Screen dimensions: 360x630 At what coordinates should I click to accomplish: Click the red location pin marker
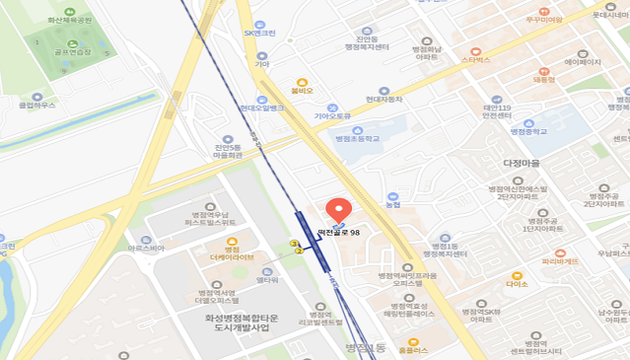click(x=338, y=211)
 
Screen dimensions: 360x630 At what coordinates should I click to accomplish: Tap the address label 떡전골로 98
click(x=338, y=232)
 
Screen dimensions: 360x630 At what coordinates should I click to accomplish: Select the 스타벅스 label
click(x=475, y=59)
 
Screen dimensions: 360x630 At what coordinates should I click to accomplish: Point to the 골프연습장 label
click(x=72, y=52)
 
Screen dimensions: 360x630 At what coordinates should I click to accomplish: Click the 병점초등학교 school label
click(x=357, y=139)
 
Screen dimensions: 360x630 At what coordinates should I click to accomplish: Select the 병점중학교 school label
click(x=528, y=130)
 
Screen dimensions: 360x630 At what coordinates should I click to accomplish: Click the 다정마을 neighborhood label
click(x=522, y=163)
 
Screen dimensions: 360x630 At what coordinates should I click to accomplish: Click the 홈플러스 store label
click(x=413, y=349)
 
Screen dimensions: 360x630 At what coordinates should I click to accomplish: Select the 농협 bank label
click(x=392, y=205)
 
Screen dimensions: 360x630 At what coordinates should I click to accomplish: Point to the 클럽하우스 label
click(x=37, y=104)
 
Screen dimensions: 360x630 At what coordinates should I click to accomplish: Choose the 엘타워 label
click(x=266, y=280)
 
